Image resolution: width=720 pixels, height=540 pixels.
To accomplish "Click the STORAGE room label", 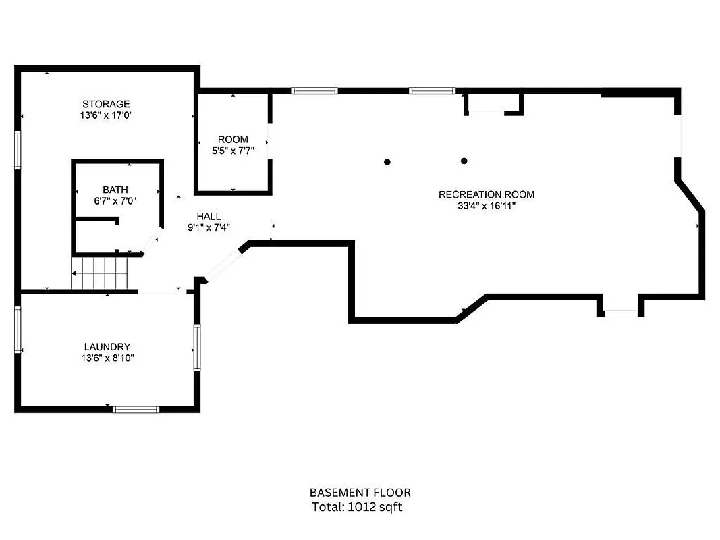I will [106, 104].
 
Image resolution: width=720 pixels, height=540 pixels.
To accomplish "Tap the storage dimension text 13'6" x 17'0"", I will [106, 115].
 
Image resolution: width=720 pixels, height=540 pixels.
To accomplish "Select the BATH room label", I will [115, 190].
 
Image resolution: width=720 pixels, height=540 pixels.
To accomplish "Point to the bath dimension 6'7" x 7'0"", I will [115, 201].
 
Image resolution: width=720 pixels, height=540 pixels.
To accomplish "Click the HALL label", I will [209, 216].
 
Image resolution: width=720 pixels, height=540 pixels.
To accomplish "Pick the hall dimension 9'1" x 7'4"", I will [209, 227].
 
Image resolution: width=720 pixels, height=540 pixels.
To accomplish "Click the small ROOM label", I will [233, 140].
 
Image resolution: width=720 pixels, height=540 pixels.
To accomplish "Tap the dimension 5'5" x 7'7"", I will [233, 151].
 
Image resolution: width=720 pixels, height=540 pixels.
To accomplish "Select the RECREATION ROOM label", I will [486, 194].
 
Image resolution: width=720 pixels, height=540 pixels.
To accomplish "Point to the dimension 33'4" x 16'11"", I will [486, 206].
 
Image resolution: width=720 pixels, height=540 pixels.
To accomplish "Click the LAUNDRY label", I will [107, 346].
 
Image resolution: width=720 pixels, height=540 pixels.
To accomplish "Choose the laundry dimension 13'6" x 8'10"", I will [107, 358].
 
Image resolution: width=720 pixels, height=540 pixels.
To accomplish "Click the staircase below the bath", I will [100, 273].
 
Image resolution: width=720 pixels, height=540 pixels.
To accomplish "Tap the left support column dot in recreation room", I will [387, 161].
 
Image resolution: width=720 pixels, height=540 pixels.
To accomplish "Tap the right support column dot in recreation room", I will [464, 161].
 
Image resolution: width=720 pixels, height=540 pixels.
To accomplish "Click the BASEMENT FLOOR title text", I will [360, 493].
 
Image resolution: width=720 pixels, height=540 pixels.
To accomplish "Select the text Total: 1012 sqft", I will [357, 507].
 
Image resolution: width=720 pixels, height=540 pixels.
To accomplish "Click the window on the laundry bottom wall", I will [136, 409].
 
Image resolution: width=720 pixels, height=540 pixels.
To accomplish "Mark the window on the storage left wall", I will [18, 150].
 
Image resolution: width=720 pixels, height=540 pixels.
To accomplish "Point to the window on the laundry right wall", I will [197, 347].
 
